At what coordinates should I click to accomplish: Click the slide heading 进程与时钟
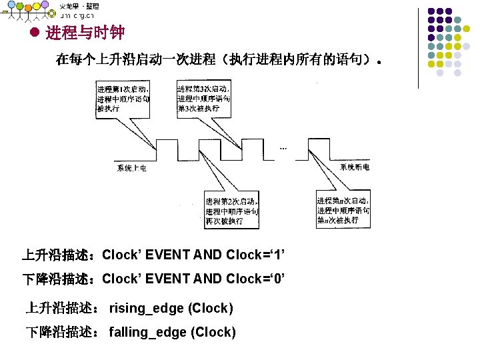[85, 32]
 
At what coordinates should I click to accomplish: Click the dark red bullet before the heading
[36, 32]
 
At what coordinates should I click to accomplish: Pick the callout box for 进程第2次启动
[231, 211]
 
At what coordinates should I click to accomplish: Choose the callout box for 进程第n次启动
[344, 210]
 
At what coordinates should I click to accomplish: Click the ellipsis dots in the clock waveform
[283, 149]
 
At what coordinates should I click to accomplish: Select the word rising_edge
[147, 308]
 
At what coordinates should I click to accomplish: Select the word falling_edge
[147, 332]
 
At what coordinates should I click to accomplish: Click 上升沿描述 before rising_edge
[64, 308]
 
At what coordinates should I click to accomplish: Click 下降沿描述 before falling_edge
[64, 332]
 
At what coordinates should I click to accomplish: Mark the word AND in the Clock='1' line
[209, 255]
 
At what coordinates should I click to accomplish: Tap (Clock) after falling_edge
[213, 332]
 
